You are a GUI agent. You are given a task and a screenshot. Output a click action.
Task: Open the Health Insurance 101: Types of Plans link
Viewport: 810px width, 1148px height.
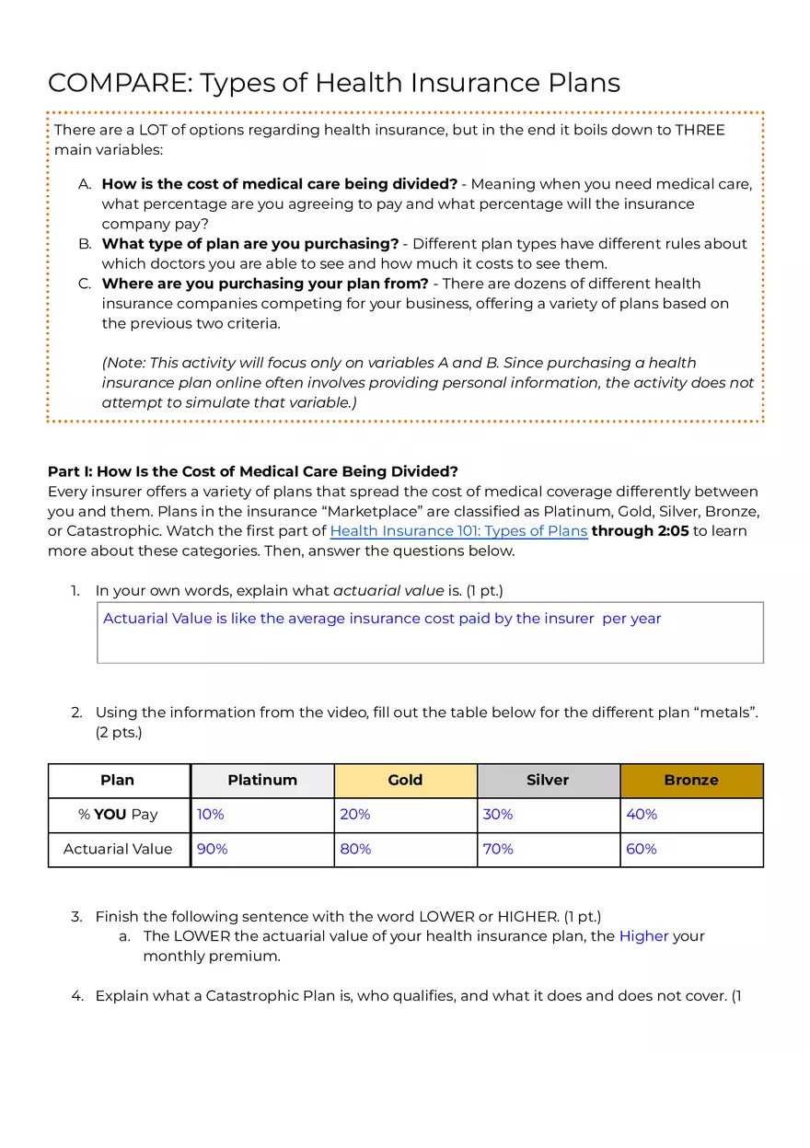click(x=458, y=531)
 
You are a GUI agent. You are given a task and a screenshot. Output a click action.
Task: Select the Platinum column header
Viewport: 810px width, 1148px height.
click(x=262, y=780)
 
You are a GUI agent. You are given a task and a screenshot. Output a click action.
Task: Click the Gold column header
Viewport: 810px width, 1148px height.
click(x=405, y=780)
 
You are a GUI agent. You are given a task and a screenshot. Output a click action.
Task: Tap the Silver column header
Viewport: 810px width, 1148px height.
click(x=548, y=780)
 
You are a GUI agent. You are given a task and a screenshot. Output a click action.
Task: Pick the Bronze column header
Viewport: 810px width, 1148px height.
click(x=691, y=780)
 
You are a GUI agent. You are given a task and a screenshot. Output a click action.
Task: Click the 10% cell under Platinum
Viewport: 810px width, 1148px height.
click(x=211, y=815)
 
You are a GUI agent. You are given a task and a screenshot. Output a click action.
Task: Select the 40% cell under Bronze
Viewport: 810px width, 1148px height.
click(x=642, y=815)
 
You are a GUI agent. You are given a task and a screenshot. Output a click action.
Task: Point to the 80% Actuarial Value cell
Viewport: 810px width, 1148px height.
click(x=355, y=849)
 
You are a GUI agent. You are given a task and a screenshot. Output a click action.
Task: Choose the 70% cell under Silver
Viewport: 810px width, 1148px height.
click(x=498, y=849)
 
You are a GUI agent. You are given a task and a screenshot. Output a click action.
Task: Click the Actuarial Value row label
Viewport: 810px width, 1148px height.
click(x=118, y=849)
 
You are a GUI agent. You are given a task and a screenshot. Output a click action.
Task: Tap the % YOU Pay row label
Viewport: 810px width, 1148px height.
click(x=118, y=815)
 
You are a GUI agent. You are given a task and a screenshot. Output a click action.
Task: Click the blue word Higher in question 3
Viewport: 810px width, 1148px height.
click(x=643, y=936)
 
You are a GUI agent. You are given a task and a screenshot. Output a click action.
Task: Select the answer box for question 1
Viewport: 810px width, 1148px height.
click(x=430, y=632)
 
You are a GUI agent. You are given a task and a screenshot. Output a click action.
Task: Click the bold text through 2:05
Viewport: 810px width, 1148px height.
click(x=640, y=531)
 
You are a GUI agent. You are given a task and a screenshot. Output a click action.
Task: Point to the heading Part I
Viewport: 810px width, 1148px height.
click(x=252, y=472)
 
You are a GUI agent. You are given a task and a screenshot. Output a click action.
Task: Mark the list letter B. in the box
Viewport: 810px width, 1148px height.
click(x=85, y=244)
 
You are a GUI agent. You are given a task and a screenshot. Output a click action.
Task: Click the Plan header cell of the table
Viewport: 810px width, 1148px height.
click(x=118, y=780)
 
